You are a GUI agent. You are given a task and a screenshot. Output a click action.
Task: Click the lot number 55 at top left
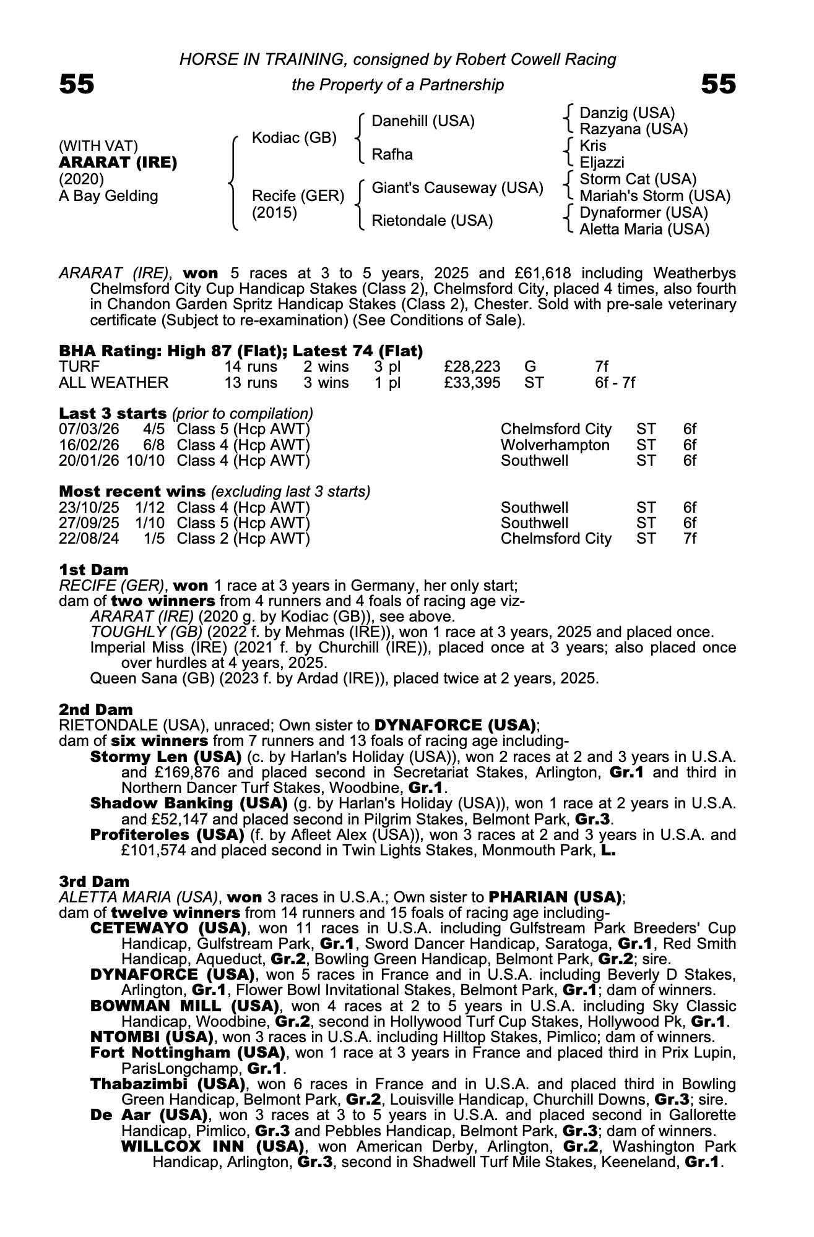(77, 84)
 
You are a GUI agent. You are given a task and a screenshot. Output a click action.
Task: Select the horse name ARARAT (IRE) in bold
(118, 163)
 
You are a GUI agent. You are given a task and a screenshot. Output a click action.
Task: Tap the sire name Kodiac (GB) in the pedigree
(294, 137)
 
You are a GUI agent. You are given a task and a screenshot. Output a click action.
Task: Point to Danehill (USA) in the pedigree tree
(423, 121)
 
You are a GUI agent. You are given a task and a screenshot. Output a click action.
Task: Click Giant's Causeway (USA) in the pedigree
(457, 188)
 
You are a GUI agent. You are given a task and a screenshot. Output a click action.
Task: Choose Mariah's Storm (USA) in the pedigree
(655, 196)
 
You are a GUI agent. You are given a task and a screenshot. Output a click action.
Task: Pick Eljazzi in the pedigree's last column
(602, 163)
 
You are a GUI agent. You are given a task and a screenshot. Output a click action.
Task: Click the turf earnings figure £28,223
(472, 367)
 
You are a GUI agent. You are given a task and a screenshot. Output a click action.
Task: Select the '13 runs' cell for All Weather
(251, 383)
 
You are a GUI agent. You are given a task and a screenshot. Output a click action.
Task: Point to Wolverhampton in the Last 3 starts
(555, 445)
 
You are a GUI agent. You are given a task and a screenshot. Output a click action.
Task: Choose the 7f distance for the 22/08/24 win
(690, 539)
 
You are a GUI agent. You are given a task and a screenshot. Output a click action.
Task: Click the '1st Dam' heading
(94, 570)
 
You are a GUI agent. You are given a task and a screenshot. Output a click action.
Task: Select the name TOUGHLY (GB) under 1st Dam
(146, 632)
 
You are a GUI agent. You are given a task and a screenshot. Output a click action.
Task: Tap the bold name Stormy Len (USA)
(165, 757)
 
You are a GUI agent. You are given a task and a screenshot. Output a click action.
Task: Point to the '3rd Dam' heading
(94, 881)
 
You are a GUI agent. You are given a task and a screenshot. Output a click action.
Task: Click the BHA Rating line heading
(241, 351)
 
